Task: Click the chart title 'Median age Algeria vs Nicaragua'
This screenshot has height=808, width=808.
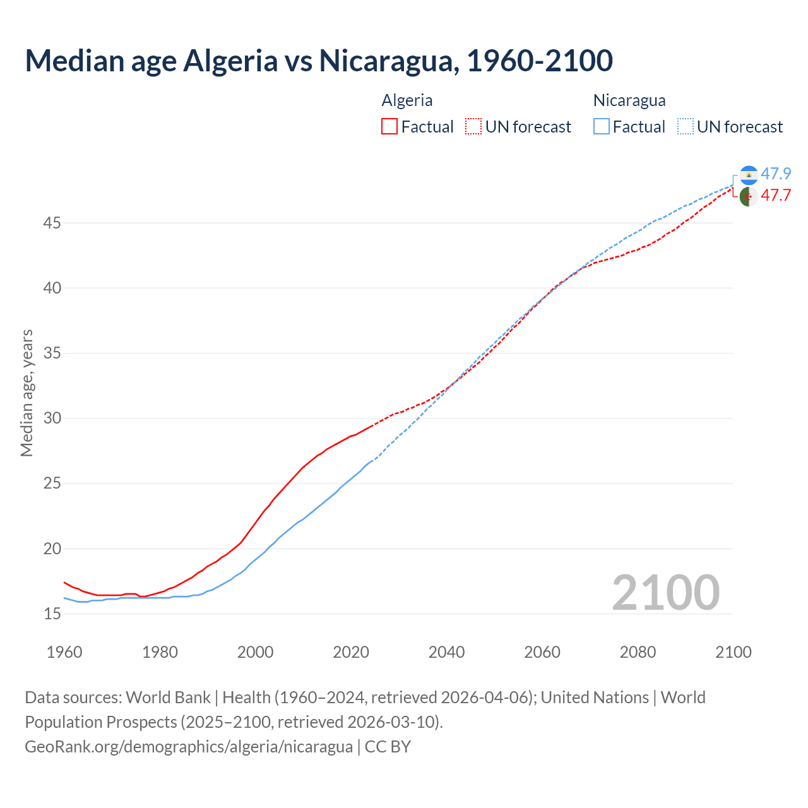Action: tap(319, 61)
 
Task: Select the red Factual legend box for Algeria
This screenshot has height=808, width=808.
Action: tap(389, 127)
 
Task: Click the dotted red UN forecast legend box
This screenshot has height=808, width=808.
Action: tap(473, 127)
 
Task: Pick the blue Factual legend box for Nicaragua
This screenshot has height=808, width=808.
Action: tap(602, 127)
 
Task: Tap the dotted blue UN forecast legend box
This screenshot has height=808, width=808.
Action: tap(685, 127)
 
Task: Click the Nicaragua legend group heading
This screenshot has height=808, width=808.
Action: tap(629, 100)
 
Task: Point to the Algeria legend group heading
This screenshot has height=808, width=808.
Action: tap(407, 100)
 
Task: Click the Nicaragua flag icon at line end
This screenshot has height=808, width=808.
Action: tap(749, 175)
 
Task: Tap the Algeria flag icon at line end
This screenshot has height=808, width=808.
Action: tap(749, 196)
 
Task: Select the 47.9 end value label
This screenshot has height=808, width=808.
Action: tap(776, 174)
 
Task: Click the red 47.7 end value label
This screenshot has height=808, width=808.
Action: tap(776, 195)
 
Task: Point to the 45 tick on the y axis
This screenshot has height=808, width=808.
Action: tap(52, 223)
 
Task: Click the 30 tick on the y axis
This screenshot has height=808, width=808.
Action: tap(52, 418)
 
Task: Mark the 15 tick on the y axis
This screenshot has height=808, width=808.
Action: tap(52, 614)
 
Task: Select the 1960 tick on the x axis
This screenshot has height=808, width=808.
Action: tap(64, 652)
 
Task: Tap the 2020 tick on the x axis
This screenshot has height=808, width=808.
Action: tap(351, 652)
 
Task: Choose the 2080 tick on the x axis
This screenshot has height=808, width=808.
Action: tap(638, 652)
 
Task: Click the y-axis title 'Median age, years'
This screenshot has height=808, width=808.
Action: tap(27, 393)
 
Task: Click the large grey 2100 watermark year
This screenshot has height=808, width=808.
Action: tap(665, 592)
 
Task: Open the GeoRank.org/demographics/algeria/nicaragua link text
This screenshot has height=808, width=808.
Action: tap(189, 746)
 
